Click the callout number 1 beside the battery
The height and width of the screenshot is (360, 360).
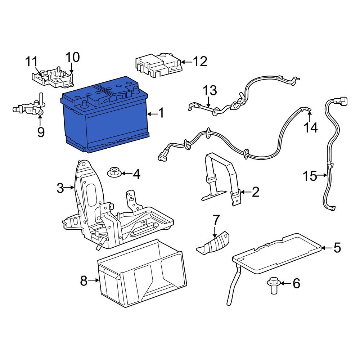(161, 114)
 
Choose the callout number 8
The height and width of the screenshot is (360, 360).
(84, 280)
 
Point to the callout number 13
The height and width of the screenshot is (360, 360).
(210, 91)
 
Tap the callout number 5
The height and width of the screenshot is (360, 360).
(337, 247)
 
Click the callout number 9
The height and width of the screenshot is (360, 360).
(41, 132)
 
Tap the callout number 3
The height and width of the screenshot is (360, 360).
(60, 188)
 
